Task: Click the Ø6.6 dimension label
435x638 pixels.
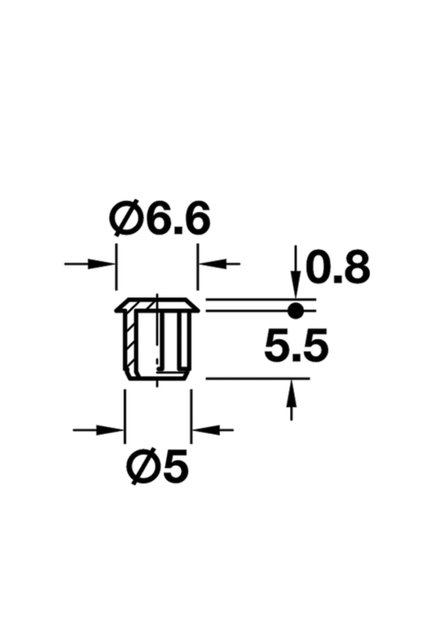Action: (x=159, y=218)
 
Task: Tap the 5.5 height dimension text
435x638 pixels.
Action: (x=296, y=344)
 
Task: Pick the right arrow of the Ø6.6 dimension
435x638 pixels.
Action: (x=219, y=264)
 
